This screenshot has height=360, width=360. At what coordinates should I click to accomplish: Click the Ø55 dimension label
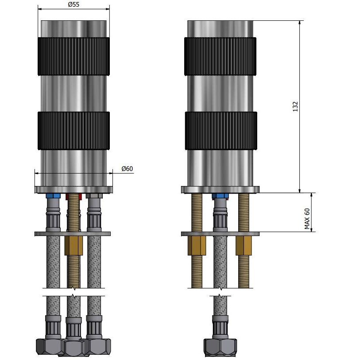[74, 4]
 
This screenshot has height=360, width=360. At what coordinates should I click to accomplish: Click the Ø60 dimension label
[127, 169]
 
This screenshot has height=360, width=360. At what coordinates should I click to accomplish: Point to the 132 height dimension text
[295, 107]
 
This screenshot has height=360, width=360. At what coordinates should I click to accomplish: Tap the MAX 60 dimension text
[307, 219]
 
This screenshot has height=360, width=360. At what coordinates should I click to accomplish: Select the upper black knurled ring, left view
[74, 56]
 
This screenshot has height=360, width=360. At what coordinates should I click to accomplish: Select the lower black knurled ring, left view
[74, 131]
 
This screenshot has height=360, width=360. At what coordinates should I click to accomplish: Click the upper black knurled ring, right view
[220, 56]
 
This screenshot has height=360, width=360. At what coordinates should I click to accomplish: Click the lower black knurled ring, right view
[221, 131]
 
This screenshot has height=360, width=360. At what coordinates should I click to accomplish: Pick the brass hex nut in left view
[74, 246]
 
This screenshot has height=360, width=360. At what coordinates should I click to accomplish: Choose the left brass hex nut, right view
[197, 246]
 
